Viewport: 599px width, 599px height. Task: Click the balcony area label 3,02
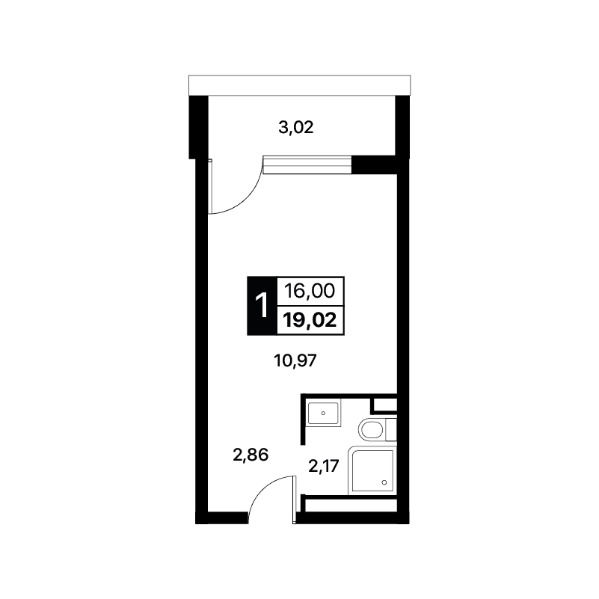pos(296,128)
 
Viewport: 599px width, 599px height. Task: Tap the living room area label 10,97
pos(295,360)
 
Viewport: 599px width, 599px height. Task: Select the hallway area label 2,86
pos(251,455)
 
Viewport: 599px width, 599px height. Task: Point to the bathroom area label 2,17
pos(324,466)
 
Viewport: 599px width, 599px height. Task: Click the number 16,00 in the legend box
pos(310,291)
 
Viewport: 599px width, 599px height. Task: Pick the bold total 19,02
pos(310,320)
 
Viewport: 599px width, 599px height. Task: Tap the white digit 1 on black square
pos(262,306)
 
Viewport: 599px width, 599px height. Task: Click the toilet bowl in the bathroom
pos(371,430)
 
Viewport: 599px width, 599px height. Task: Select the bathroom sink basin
pos(323,413)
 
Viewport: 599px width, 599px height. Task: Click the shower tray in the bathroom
pos(372,470)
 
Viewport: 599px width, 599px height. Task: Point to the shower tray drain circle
pos(384,482)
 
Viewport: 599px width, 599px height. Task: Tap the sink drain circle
pos(324,414)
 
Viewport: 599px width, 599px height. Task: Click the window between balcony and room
pos(307,165)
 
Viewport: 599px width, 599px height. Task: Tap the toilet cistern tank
pos(392,430)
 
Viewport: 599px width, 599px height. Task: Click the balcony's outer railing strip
pos(299,85)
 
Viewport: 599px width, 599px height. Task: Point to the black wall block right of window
pos(374,165)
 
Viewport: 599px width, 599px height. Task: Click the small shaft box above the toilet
pos(384,405)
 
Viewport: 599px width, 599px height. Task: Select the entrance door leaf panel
pos(294,500)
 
